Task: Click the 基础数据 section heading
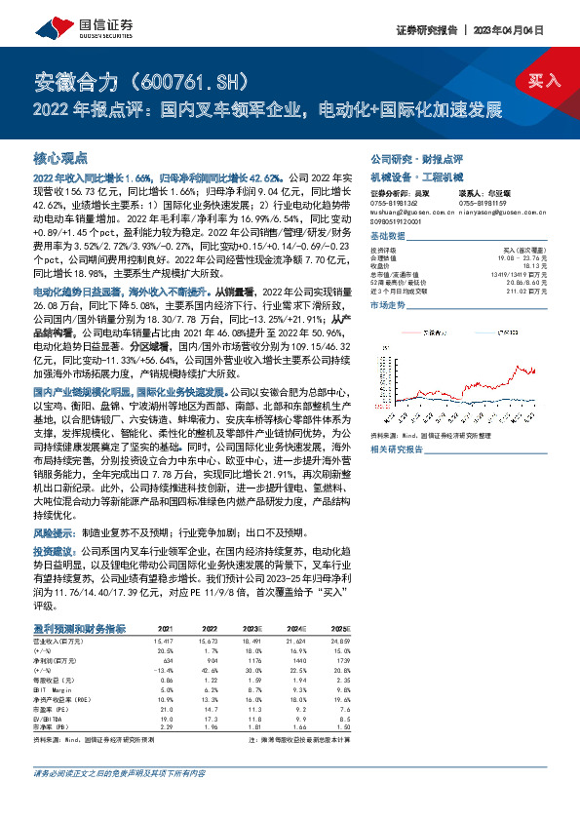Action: point(388,237)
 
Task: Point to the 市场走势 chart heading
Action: point(388,305)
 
